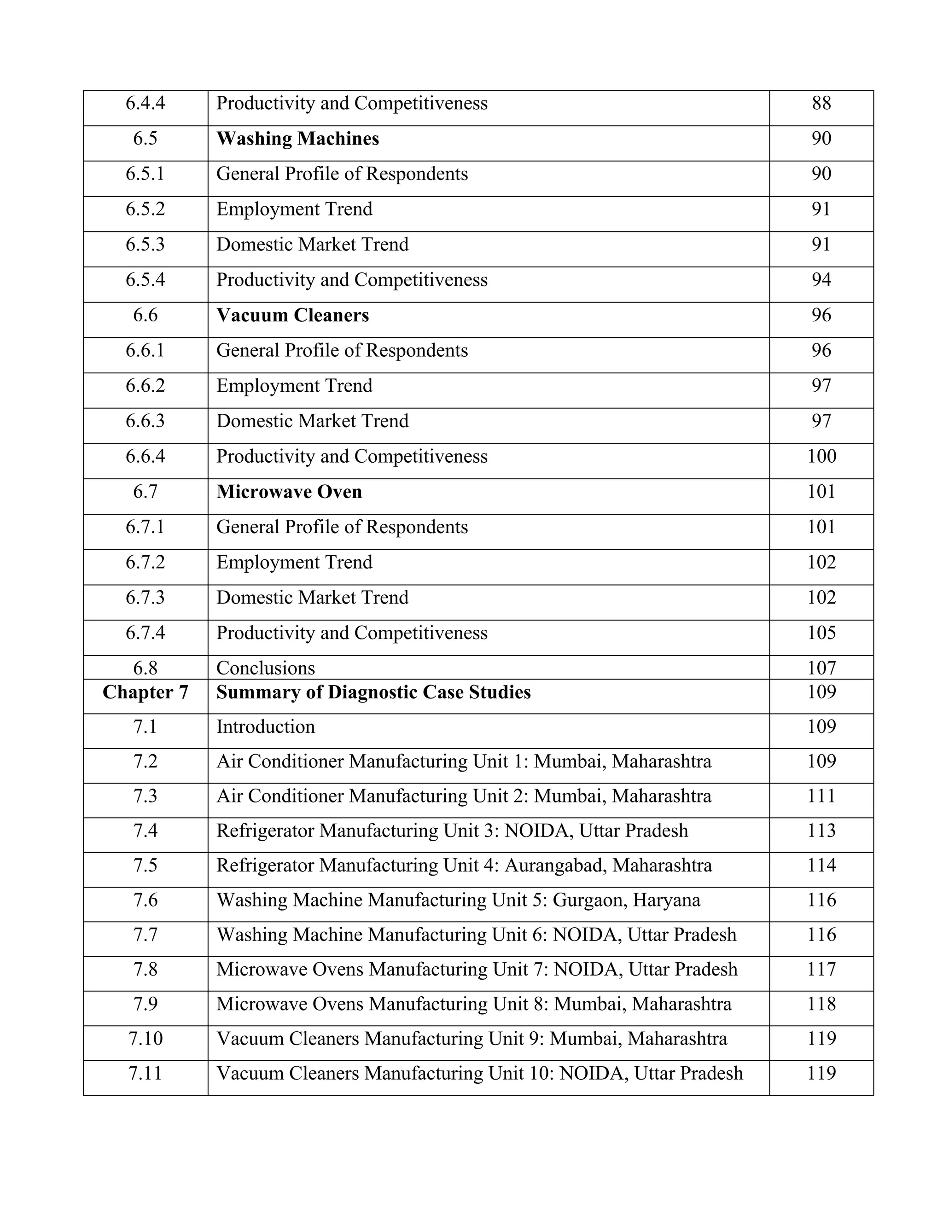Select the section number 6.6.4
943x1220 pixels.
click(145, 456)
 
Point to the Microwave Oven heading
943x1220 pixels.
click(289, 492)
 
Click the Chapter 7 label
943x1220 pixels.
click(145, 692)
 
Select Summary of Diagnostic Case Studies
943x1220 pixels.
click(373, 692)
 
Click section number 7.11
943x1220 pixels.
click(145, 1073)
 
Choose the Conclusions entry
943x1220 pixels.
click(265, 668)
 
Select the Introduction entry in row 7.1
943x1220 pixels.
click(265, 727)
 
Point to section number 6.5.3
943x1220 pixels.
click(145, 244)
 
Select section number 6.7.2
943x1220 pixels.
click(145, 562)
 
